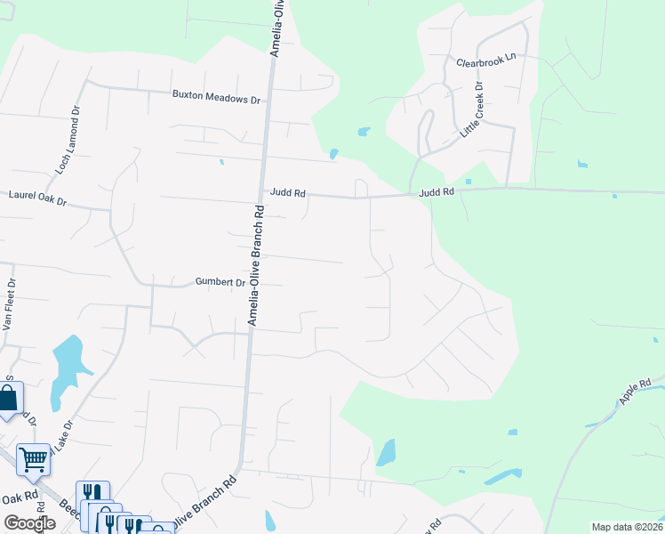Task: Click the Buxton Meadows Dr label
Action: pos(215,98)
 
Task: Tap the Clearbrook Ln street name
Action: pos(486,61)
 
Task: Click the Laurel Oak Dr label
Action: pos(37,195)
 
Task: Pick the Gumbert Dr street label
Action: pos(220,283)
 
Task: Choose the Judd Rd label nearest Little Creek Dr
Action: pos(437,191)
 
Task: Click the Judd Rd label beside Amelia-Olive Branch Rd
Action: pos(289,190)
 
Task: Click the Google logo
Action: pos(29,522)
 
